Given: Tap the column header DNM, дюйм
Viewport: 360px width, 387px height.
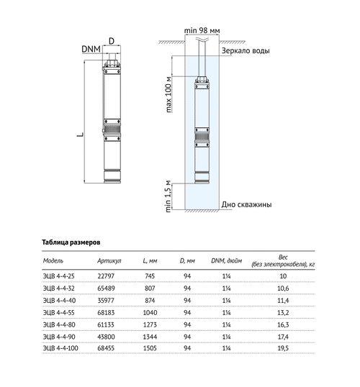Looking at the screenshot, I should (228, 260).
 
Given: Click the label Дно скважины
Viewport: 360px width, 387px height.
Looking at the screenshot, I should (246, 204).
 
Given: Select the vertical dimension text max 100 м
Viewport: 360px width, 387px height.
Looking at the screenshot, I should (169, 94).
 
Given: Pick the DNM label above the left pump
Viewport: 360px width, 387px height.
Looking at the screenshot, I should (91, 48).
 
